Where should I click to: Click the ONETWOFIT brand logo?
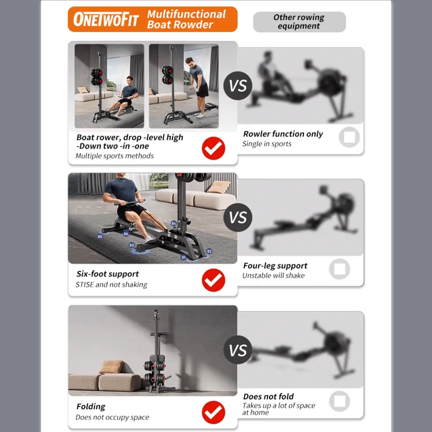[106, 20]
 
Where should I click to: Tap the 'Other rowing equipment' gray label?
[299, 22]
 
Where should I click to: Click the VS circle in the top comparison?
[238, 85]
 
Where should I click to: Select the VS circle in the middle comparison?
[238, 218]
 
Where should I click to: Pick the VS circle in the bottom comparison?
[238, 350]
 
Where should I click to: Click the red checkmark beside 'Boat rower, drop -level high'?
[213, 148]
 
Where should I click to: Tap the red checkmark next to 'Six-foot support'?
[213, 280]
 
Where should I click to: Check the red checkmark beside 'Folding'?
[213, 412]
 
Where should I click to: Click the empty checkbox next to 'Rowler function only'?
[349, 137]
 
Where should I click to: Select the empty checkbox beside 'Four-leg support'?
[340, 269]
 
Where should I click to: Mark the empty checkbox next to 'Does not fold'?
[340, 401]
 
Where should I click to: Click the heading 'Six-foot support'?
[108, 274]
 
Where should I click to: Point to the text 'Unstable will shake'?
[274, 275]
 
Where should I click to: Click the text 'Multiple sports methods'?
[115, 156]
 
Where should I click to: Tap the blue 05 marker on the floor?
[99, 236]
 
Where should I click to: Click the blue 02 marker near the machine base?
[209, 251]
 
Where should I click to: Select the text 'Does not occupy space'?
[112, 417]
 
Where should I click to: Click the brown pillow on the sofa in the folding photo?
[111, 367]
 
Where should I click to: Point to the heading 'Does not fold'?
[268, 396]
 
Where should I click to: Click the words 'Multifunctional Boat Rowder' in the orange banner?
[186, 19]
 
